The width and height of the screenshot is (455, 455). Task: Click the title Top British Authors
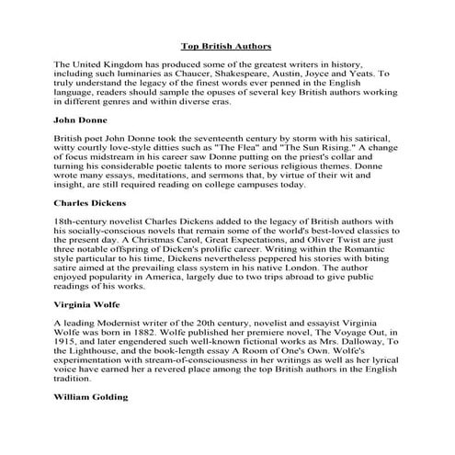point(226,45)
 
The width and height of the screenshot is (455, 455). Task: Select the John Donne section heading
point(81,119)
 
